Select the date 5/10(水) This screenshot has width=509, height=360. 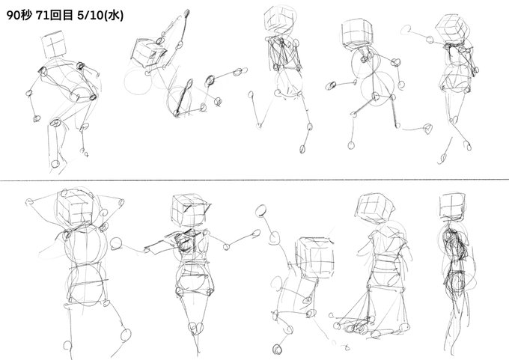pos(100,15)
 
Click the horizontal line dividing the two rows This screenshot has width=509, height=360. pos(254,180)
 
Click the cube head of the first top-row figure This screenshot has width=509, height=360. pos(54,44)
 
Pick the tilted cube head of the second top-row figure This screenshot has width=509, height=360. pos(148,52)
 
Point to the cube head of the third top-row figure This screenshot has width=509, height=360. pos(280,19)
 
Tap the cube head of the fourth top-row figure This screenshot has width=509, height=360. pos(357,32)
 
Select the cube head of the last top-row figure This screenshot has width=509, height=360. pos(453,28)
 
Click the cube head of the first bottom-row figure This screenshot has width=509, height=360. pos(75,207)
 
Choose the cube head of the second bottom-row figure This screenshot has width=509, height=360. pos(189,210)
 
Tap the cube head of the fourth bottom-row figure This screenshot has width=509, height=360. pos(374,208)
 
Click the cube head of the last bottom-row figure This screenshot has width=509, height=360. pos(452,207)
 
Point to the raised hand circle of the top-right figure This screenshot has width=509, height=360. pos(406,30)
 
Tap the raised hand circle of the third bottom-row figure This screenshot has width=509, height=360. pos(261,210)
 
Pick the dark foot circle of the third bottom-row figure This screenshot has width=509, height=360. pos(278,350)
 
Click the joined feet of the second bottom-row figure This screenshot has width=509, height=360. pos(196,328)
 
